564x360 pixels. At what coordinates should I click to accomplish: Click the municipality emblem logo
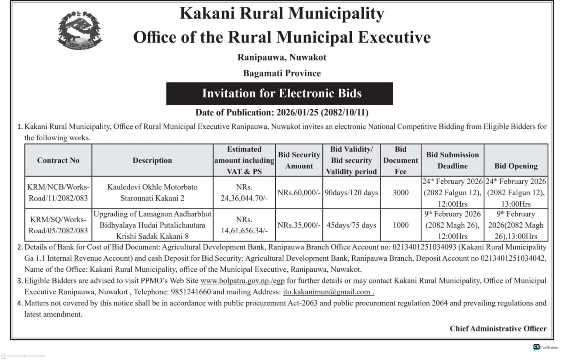pyautogui.click(x=79, y=30)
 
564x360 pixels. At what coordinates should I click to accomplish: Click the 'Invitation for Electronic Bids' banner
pyautogui.click(x=280, y=93)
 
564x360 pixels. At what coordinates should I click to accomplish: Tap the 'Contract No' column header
pyautogui.click(x=58, y=160)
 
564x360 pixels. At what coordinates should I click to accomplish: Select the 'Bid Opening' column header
pyautogui.click(x=516, y=166)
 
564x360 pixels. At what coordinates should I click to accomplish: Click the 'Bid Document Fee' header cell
pyautogui.click(x=400, y=160)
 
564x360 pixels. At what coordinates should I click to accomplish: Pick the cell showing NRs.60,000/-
pyautogui.click(x=299, y=192)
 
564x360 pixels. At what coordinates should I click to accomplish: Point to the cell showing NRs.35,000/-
pyautogui.click(x=299, y=225)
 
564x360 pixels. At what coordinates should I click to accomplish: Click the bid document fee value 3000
pyautogui.click(x=400, y=192)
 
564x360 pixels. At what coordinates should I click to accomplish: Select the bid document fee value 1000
pyautogui.click(x=400, y=225)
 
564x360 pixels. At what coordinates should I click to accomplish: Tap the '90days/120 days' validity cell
pyautogui.click(x=351, y=192)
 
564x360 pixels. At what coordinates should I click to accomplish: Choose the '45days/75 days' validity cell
pyautogui.click(x=351, y=225)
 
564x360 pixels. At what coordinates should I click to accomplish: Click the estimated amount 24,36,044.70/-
pyautogui.click(x=244, y=198)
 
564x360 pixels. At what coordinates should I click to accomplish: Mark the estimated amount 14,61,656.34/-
pyautogui.click(x=244, y=230)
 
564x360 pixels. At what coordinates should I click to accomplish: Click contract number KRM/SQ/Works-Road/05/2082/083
pyautogui.click(x=58, y=225)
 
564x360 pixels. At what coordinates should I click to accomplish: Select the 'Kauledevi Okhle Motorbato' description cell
pyautogui.click(x=152, y=192)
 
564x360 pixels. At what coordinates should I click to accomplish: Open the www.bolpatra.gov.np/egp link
pyautogui.click(x=242, y=281)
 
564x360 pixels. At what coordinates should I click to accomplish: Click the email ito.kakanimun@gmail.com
pyautogui.click(x=328, y=292)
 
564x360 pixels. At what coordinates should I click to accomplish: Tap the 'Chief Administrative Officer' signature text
pyautogui.click(x=498, y=329)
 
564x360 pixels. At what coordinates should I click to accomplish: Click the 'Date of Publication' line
pyautogui.click(x=282, y=112)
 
